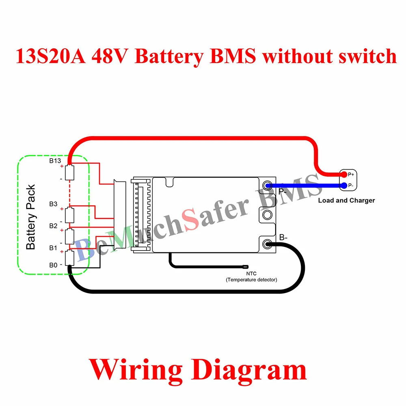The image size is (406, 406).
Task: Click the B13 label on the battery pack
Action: tap(55, 161)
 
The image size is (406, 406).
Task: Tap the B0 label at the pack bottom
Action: tap(54, 265)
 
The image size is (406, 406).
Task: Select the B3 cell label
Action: tap(54, 204)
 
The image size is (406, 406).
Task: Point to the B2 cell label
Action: tap(54, 226)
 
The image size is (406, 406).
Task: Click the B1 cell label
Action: tap(54, 248)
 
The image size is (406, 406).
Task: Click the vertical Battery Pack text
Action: tap(31, 217)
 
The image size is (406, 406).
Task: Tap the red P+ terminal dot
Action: tap(344, 175)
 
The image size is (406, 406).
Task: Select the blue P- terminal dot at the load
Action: tap(344, 186)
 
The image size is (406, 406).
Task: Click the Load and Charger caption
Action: tap(346, 200)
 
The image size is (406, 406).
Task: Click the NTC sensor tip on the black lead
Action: tap(246, 267)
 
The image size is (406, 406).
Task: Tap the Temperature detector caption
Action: tap(252, 279)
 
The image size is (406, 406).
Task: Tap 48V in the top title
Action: tap(110, 56)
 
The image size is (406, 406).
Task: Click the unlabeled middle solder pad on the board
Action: tap(267, 214)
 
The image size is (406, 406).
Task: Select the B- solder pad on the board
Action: tap(267, 244)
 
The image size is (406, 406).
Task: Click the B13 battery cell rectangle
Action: tap(70, 172)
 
